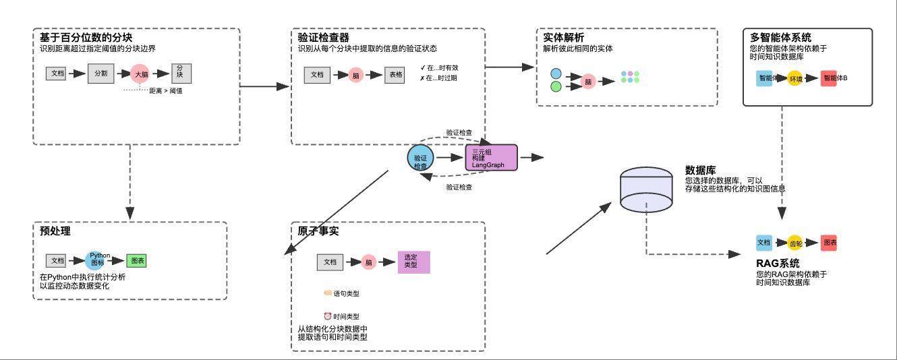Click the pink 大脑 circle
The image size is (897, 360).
pyautogui.click(x=140, y=74)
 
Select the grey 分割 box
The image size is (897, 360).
pyautogui.click(x=100, y=73)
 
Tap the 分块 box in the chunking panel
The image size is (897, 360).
pyautogui.click(x=180, y=71)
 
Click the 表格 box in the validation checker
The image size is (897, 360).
pyautogui.click(x=395, y=75)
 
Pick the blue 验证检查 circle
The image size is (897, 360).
pyautogui.click(x=420, y=158)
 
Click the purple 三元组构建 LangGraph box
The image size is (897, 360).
pyautogui.click(x=491, y=158)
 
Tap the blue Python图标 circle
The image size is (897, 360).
pyautogui.click(x=100, y=260)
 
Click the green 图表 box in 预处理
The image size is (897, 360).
pyautogui.click(x=136, y=260)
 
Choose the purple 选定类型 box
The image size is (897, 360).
pyautogui.click(x=413, y=262)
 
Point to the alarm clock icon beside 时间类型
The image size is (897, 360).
pyautogui.click(x=328, y=316)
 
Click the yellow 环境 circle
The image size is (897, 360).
pyautogui.click(x=796, y=79)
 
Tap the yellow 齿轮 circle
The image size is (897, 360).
pyautogui.click(x=796, y=243)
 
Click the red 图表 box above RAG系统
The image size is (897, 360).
pyautogui.click(x=829, y=243)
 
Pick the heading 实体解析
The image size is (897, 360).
pyautogui.click(x=563, y=38)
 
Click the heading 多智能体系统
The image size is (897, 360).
pyautogui.click(x=780, y=38)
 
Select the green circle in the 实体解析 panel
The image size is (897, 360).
pyautogui.click(x=556, y=86)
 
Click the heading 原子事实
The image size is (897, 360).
pyautogui.click(x=318, y=231)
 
